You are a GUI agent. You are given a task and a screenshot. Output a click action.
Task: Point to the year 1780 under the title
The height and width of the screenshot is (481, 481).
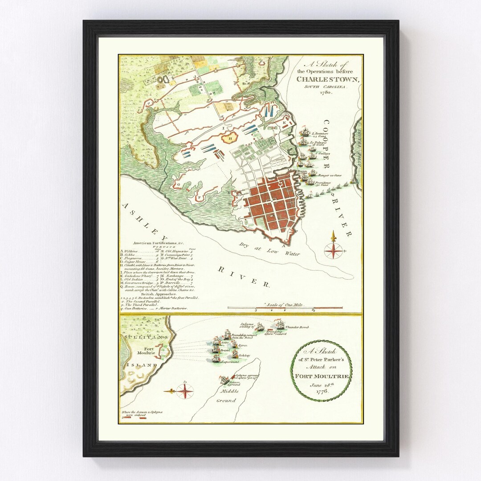pos(327,93)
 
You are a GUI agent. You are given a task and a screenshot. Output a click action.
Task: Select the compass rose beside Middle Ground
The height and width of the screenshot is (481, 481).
pos(184,391)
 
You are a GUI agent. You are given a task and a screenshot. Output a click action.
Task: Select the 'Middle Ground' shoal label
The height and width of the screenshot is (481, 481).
pos(228,396)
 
